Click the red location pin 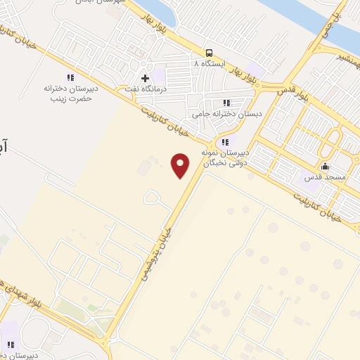(x=181, y=165)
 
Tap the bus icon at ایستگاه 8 (x=209, y=53)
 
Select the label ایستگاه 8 (x=186, y=63)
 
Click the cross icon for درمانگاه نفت (x=145, y=77)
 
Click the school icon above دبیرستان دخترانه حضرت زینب (x=70, y=77)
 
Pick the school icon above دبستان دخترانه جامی (x=226, y=103)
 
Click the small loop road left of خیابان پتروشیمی (x=151, y=197)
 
